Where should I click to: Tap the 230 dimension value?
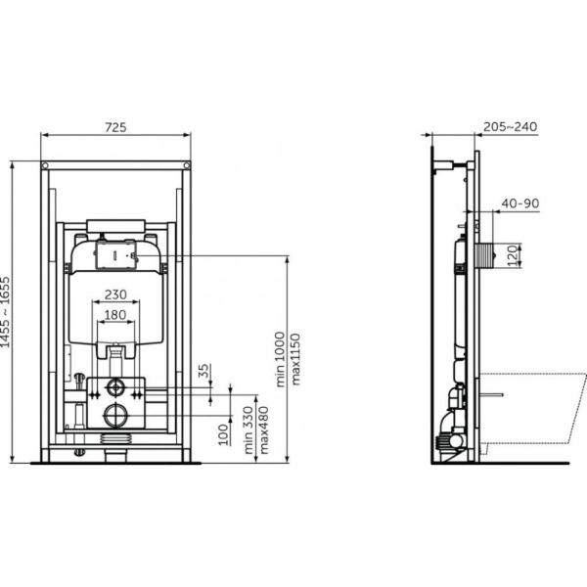[x=115, y=293]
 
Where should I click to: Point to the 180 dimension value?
[x=115, y=315]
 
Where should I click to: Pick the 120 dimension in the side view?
[x=510, y=257]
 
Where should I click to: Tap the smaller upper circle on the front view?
[x=115, y=384]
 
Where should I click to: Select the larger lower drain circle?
[x=115, y=413]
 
